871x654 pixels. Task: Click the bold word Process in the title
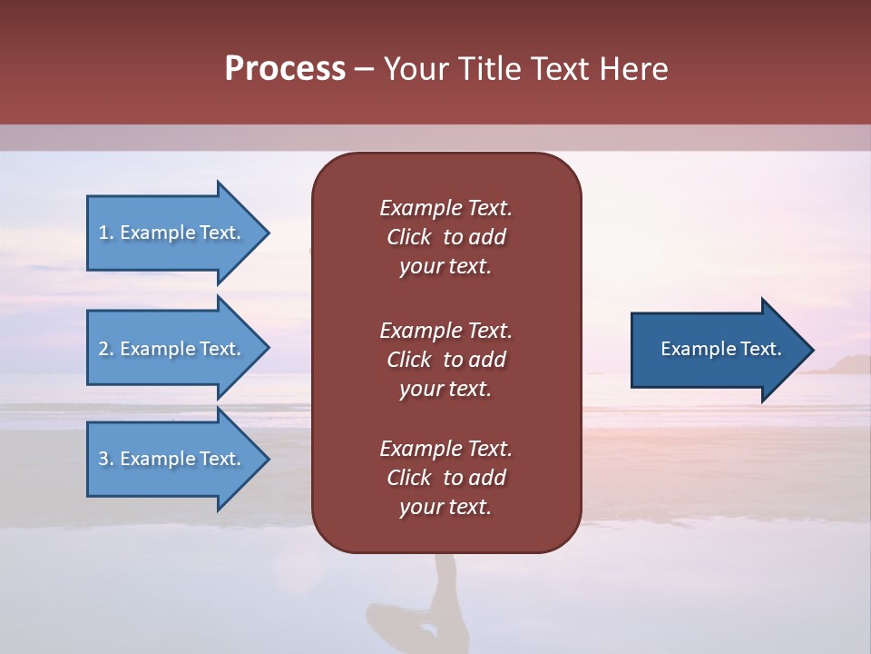point(285,69)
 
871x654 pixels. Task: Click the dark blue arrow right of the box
point(717,350)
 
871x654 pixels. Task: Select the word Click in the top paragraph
point(408,237)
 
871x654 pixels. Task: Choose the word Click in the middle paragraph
point(408,360)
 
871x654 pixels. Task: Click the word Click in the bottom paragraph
point(408,478)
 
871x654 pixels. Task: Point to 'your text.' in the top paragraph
point(445,267)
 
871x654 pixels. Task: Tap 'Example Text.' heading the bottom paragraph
point(445,449)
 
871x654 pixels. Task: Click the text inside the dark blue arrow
point(720,349)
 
